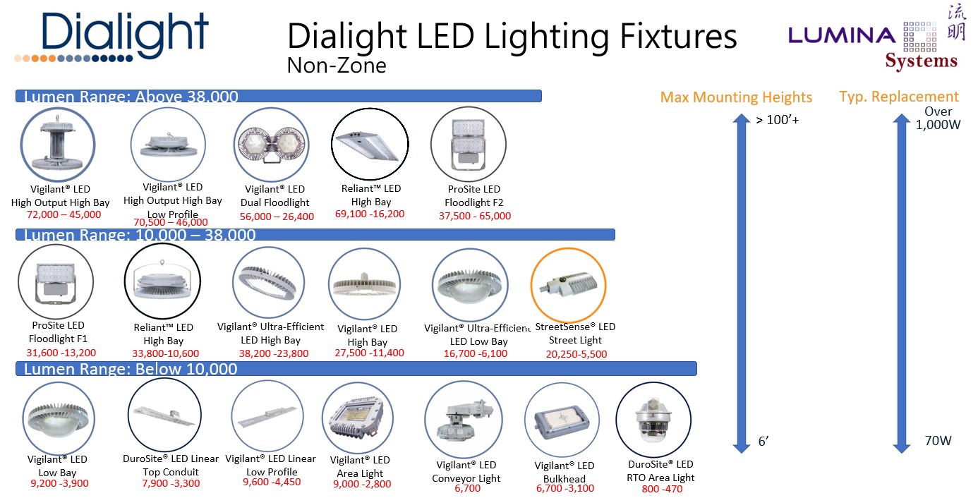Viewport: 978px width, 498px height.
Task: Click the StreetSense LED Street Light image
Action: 566,284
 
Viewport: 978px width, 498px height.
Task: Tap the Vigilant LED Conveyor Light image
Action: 463,419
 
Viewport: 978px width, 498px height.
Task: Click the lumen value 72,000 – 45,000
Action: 64,214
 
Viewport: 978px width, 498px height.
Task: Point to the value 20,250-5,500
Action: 576,354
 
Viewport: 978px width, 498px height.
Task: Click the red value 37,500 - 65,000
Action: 474,216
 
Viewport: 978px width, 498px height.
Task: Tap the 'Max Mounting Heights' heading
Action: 736,97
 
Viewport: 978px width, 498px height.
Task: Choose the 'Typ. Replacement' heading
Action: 899,97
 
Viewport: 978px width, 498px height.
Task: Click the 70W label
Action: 938,441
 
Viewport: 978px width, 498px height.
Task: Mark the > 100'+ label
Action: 777,119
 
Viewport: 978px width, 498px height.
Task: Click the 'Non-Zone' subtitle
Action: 337,66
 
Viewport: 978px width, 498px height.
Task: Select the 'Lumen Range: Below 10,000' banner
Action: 356,369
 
